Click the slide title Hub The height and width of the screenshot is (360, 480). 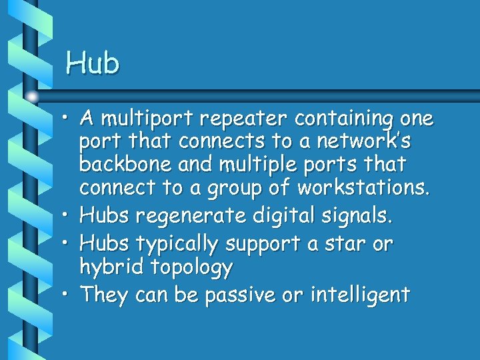pyautogui.click(x=93, y=63)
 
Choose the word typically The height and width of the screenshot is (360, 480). pyautogui.click(x=177, y=245)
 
